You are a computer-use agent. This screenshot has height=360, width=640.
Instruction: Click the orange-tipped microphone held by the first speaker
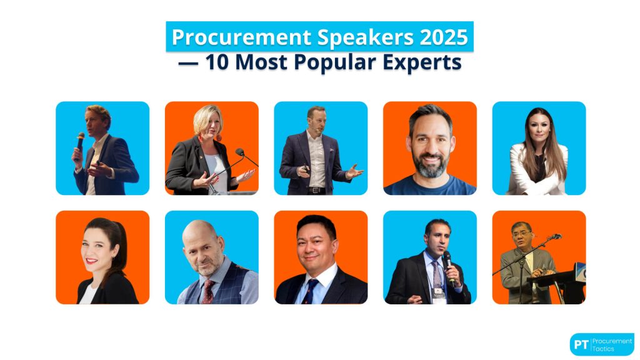click(81, 138)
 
